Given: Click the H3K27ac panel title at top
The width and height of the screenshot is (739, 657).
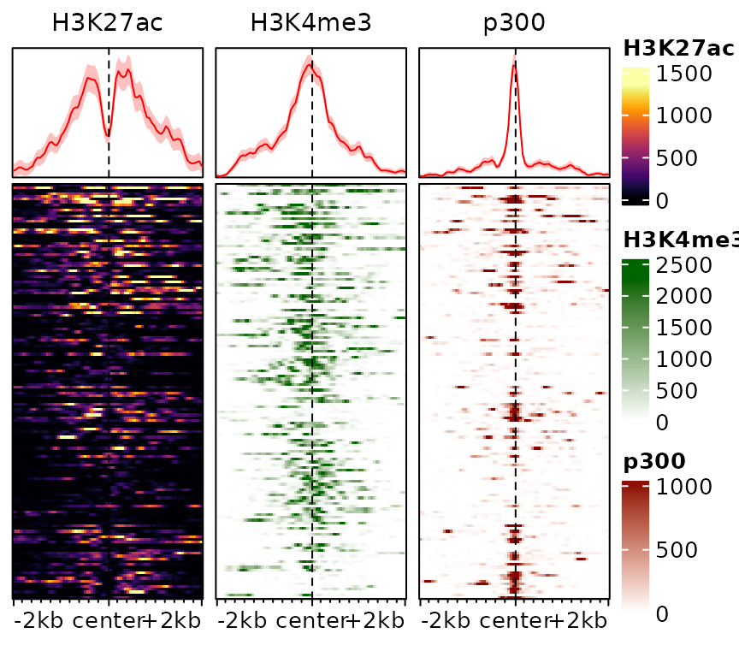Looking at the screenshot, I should (x=107, y=23).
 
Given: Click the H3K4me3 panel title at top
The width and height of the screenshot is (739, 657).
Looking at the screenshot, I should (x=311, y=23).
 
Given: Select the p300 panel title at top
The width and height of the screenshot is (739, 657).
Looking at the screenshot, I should (x=514, y=23).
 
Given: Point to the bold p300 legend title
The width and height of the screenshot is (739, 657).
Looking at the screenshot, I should (x=654, y=462).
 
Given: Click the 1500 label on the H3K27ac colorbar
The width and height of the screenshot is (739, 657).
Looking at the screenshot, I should (x=683, y=74).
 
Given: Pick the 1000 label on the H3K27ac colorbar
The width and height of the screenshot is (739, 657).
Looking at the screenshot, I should (x=683, y=115).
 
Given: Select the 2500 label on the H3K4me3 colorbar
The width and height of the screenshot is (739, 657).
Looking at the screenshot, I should (x=683, y=265).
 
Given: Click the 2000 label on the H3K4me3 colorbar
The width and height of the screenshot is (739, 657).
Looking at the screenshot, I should (x=683, y=296).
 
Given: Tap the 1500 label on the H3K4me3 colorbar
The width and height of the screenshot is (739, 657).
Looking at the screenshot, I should (x=683, y=328).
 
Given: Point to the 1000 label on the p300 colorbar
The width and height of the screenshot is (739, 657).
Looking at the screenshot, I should (x=683, y=487).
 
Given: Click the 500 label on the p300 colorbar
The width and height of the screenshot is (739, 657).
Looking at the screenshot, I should (x=677, y=550).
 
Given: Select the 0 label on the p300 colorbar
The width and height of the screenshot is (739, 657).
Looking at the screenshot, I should (x=661, y=613).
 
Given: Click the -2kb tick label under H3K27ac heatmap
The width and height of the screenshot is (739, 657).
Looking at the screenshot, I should (x=40, y=621).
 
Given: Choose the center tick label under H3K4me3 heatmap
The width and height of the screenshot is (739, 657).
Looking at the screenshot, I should (x=311, y=621).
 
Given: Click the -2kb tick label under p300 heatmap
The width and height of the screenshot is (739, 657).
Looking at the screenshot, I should (x=447, y=621).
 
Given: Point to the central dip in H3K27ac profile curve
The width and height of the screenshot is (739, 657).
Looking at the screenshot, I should (x=108, y=134).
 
